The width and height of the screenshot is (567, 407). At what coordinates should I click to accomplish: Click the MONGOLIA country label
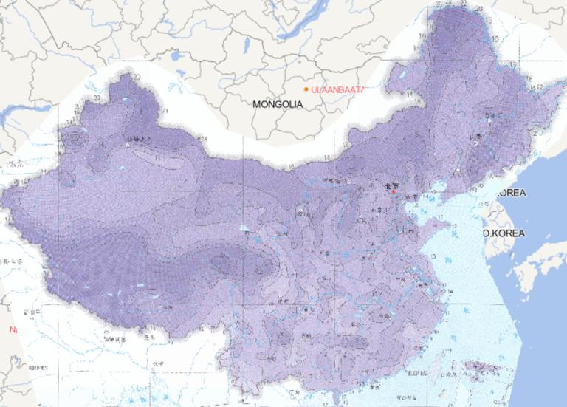pyautogui.click(x=278, y=105)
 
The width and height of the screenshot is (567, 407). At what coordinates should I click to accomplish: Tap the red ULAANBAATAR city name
pyautogui.click(x=339, y=89)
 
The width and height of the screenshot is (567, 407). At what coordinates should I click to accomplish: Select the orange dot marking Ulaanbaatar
pyautogui.click(x=306, y=89)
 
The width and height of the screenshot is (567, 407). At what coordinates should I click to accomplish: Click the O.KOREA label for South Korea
pyautogui.click(x=504, y=233)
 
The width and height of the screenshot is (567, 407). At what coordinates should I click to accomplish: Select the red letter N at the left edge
pyautogui.click(x=12, y=329)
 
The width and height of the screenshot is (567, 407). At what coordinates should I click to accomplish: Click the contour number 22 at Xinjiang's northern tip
pyautogui.click(x=137, y=77)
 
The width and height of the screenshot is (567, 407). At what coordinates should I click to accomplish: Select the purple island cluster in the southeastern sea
pyautogui.click(x=480, y=366)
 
